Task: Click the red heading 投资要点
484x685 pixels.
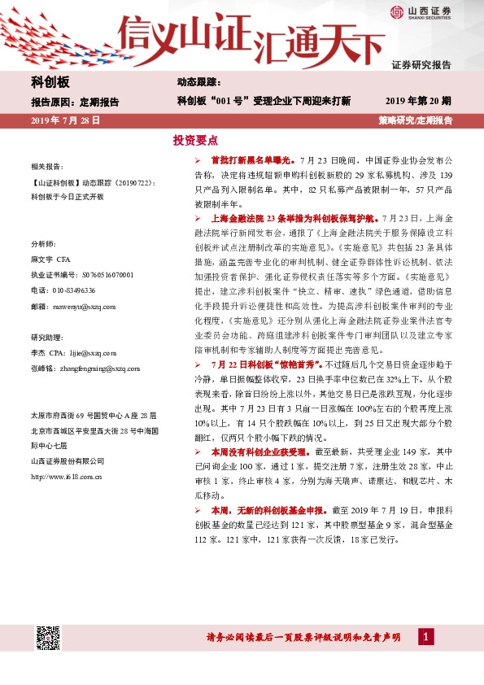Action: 194,140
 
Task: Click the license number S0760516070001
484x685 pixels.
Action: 99,275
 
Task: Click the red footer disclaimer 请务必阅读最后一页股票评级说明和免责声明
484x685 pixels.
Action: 303,639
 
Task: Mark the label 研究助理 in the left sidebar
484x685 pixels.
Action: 45,337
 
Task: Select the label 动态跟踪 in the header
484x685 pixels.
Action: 198,82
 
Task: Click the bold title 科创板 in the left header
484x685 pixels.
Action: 50,82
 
